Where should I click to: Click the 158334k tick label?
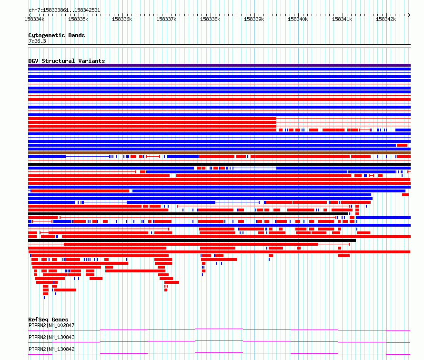[34, 19]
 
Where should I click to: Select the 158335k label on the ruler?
[78, 19]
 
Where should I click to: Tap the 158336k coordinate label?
[122, 19]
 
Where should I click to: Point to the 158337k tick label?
[166, 19]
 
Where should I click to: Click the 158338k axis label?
[210, 19]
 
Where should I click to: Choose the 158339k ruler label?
[254, 19]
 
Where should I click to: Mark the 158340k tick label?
[298, 19]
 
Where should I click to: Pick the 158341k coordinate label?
[342, 19]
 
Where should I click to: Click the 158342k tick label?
[386, 19]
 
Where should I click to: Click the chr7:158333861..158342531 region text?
[64, 10]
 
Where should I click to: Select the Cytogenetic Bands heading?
[57, 35]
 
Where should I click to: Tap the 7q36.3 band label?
[37, 41]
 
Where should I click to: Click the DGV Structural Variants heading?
[67, 61]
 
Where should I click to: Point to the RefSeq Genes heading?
[48, 320]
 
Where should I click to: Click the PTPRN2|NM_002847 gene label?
[51, 325]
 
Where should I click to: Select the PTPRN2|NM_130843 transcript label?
[51, 337]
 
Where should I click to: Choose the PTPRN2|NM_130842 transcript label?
[51, 349]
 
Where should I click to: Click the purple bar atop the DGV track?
[219, 65]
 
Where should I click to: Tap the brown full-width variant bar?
[219, 153]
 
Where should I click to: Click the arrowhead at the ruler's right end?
[409, 15]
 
